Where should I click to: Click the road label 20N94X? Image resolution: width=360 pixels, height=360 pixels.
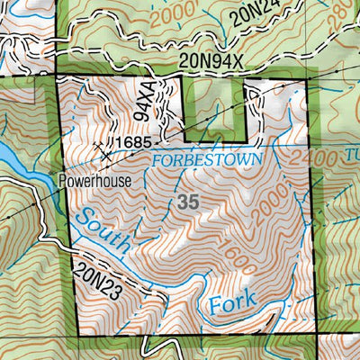[212, 60]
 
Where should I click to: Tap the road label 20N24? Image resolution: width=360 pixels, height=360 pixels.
[255, 13]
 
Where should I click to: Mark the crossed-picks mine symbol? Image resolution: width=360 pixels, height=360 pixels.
[105, 152]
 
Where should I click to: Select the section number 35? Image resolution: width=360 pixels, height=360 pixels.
[188, 202]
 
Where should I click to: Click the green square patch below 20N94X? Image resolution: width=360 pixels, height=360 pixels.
[212, 106]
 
